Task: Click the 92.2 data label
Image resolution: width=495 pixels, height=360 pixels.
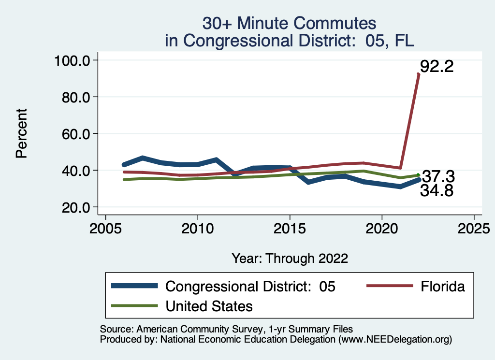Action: coord(437,66)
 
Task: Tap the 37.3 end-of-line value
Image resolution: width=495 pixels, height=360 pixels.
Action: coord(438,176)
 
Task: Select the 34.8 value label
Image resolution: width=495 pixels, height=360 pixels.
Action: coord(437,191)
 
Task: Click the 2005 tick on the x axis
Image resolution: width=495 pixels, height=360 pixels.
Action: coord(105,227)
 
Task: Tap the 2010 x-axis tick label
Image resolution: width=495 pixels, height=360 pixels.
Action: coord(198,227)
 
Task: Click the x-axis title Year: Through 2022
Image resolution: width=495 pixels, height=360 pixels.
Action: coord(290,258)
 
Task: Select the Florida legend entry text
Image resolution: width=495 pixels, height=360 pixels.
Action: coord(442,287)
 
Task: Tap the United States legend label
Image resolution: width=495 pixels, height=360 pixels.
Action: coord(209,306)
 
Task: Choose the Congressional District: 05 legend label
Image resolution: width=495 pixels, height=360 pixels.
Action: coord(250,287)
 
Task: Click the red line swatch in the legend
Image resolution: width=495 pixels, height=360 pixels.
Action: coord(390,287)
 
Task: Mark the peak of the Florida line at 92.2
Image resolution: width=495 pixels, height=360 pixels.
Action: coord(419,74)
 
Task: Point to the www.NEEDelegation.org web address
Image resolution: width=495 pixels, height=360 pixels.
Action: coord(394,339)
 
